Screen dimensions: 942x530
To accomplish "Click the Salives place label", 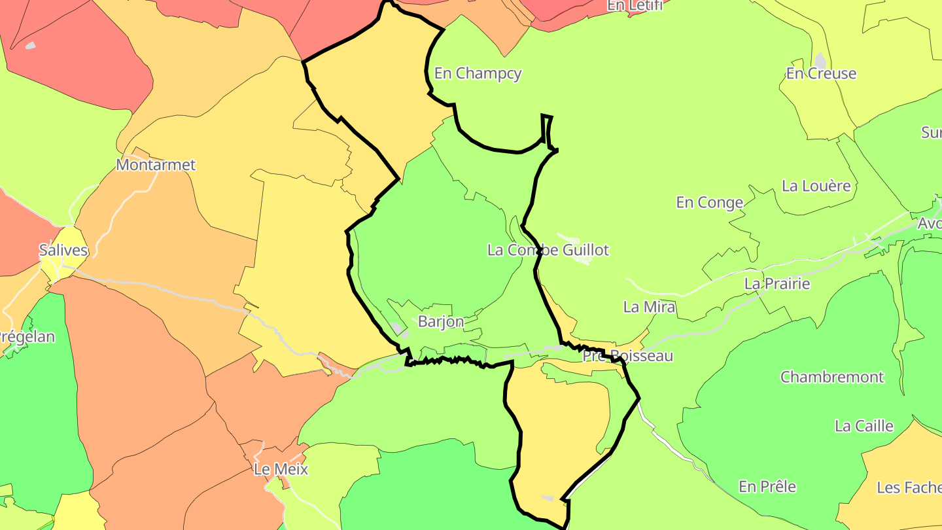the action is point(63,250).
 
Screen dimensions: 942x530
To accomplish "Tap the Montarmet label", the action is point(156,165).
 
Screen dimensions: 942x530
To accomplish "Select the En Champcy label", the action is point(478,73).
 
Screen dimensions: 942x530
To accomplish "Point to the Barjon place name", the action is point(441,322).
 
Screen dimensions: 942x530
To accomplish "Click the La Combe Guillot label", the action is point(548,250).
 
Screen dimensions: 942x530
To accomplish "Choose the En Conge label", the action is point(710,203).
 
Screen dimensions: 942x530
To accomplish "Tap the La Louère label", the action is point(816,186).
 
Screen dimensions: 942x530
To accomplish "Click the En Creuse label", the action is point(821,73).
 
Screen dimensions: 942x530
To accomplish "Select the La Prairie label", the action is point(777,284).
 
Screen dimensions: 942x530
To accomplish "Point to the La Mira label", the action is point(649,307).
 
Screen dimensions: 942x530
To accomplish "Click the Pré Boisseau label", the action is point(627,356).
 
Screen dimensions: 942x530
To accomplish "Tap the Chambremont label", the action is point(831,377).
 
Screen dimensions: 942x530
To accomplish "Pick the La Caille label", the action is point(863,427).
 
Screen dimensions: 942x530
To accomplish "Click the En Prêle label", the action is point(767,487).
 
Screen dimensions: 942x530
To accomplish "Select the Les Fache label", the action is point(909,487).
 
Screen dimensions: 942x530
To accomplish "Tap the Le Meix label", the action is point(281,469).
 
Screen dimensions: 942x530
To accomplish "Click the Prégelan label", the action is point(26,338).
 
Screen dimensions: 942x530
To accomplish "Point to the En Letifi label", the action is point(635,6).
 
